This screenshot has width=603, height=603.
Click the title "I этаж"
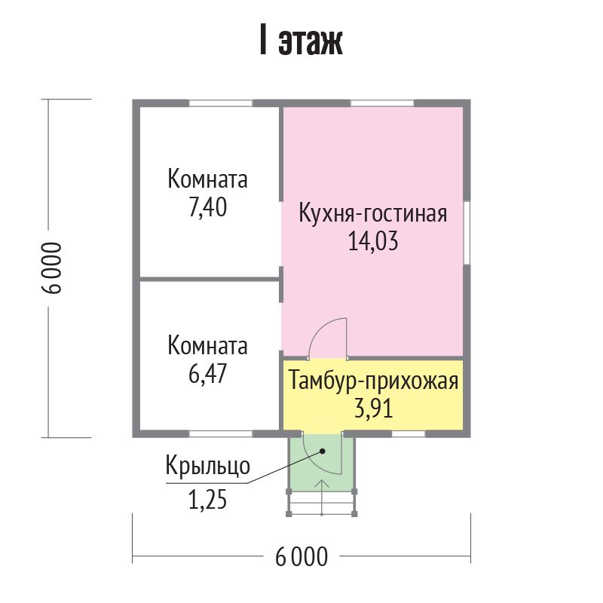coord(301,41)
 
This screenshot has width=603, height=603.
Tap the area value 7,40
coord(208,208)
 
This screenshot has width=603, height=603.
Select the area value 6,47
coord(208,373)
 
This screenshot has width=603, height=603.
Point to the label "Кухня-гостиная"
coord(373,215)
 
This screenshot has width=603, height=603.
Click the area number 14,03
coord(373,241)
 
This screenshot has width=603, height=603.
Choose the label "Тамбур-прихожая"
coord(373,381)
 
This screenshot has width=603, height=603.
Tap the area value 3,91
coord(373,409)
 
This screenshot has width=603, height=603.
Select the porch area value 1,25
coord(208,500)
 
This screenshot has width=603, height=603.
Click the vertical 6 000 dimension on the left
coord(51,268)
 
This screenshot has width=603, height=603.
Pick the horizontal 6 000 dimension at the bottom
coord(301,556)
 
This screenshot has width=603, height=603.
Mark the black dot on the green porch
coord(323,451)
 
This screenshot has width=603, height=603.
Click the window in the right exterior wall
coord(467,232)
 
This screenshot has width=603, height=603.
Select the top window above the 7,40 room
coord(220,103)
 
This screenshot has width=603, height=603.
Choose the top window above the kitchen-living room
coord(382,103)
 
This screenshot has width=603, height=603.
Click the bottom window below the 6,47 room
coord(220,434)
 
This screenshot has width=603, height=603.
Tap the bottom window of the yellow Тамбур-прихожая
coord(409,434)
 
